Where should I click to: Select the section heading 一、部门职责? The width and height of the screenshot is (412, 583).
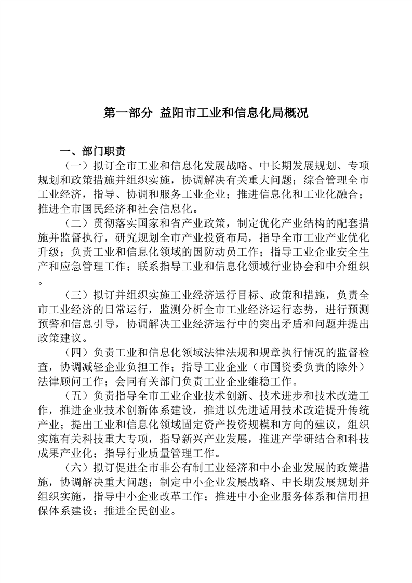[x=92, y=152]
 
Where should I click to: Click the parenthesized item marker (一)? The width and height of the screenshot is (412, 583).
[x=76, y=166]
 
